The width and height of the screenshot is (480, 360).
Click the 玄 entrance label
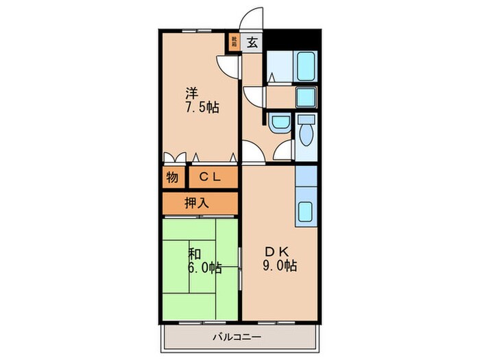252,43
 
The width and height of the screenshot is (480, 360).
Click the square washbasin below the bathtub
305,95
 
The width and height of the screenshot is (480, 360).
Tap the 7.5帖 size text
200,108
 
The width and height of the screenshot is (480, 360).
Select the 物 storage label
172,177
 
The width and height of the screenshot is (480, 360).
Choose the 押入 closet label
200,203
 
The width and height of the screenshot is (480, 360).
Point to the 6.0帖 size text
204,268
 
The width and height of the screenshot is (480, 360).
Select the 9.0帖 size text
281,266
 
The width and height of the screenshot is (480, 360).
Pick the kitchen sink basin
306,213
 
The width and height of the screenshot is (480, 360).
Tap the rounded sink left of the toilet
280,123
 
